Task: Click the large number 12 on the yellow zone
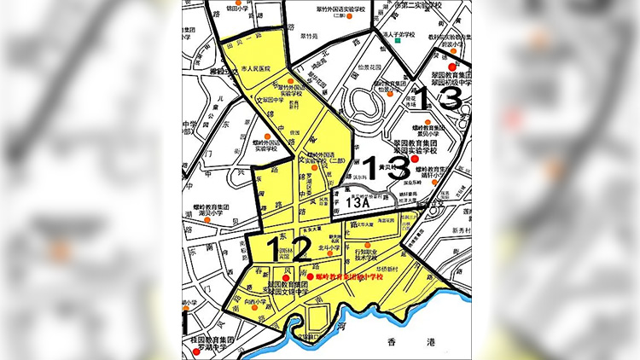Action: [276, 248]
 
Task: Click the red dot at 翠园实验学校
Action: [415, 160]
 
